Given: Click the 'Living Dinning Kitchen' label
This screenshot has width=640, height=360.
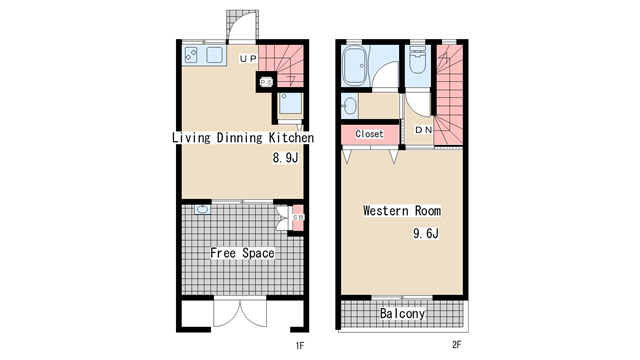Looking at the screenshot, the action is (243, 138).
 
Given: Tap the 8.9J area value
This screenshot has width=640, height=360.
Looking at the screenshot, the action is (285, 158).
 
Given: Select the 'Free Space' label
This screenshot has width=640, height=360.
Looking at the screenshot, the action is (242, 253).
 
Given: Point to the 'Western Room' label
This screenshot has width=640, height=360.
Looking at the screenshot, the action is (402, 211).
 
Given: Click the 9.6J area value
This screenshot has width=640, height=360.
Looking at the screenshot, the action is (426, 233).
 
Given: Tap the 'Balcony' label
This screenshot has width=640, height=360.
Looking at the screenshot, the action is (402, 313).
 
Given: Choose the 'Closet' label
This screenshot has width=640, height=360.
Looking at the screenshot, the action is (369, 134).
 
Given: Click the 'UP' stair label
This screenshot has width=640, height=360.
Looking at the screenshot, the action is (248, 59).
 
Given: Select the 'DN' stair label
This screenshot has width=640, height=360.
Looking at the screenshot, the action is (424, 130).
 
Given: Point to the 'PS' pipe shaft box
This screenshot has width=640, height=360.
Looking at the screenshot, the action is (266, 82).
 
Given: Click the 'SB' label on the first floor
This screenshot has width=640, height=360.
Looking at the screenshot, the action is (298, 218).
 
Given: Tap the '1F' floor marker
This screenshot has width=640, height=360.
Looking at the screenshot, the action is (300, 346).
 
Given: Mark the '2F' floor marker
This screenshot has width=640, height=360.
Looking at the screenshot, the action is (456, 344).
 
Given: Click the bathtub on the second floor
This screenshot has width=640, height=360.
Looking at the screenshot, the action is (355, 66).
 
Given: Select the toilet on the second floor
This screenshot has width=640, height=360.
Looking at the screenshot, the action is (417, 60).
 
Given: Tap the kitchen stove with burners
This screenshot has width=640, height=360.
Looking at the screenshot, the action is (191, 54).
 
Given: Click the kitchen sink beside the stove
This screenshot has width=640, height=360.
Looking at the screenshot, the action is (214, 55).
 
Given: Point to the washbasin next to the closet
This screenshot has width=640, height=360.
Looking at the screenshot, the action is (349, 107).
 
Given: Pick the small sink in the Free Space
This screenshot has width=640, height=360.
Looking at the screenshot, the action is (202, 210).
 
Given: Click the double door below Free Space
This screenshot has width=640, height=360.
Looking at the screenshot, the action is (240, 313).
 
